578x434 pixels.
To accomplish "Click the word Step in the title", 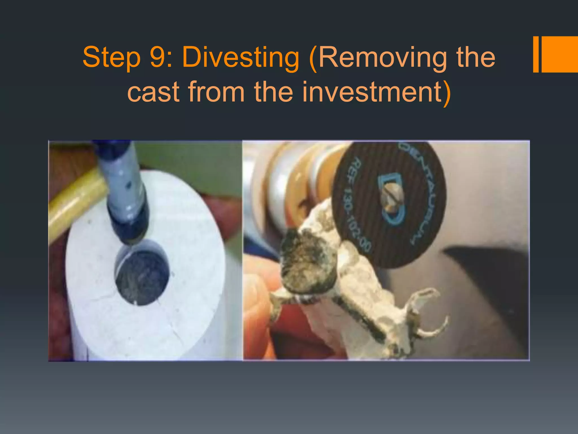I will (111, 58).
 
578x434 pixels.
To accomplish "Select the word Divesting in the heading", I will (240, 58).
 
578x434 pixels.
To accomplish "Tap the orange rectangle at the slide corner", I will (559, 54).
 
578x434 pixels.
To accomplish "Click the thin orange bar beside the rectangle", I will (536, 54).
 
